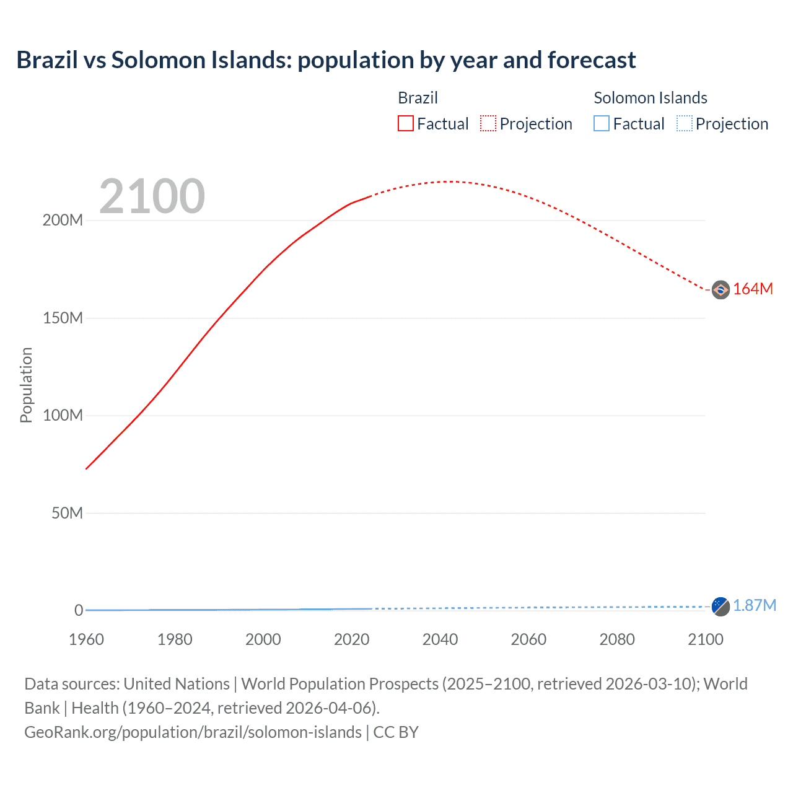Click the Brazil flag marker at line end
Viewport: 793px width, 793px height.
click(721, 289)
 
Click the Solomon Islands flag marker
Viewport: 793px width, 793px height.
click(721, 606)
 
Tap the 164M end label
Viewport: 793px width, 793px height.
click(753, 289)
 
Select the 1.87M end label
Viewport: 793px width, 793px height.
click(754, 606)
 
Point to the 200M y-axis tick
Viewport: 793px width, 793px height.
click(63, 221)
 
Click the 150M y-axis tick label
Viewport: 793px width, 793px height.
click(63, 318)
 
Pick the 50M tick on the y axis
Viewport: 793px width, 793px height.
click(67, 514)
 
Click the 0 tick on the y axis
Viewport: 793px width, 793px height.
click(79, 611)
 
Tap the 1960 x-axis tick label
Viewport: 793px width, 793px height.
click(86, 640)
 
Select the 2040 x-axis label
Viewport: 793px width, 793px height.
click(440, 640)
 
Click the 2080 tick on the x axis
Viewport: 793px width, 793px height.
click(617, 640)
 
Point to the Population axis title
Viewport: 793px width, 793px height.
click(26, 385)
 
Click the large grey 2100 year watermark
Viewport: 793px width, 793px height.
click(152, 196)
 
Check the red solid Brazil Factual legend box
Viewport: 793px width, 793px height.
click(405, 124)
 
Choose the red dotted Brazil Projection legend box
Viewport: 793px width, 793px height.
click(488, 124)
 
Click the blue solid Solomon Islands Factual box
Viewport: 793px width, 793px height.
click(602, 124)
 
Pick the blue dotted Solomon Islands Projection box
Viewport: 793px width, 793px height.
click(684, 124)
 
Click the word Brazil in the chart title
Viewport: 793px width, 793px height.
click(46, 60)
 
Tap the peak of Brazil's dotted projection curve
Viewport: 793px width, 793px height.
click(450, 182)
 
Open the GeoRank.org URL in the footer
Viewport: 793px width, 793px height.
click(193, 732)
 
